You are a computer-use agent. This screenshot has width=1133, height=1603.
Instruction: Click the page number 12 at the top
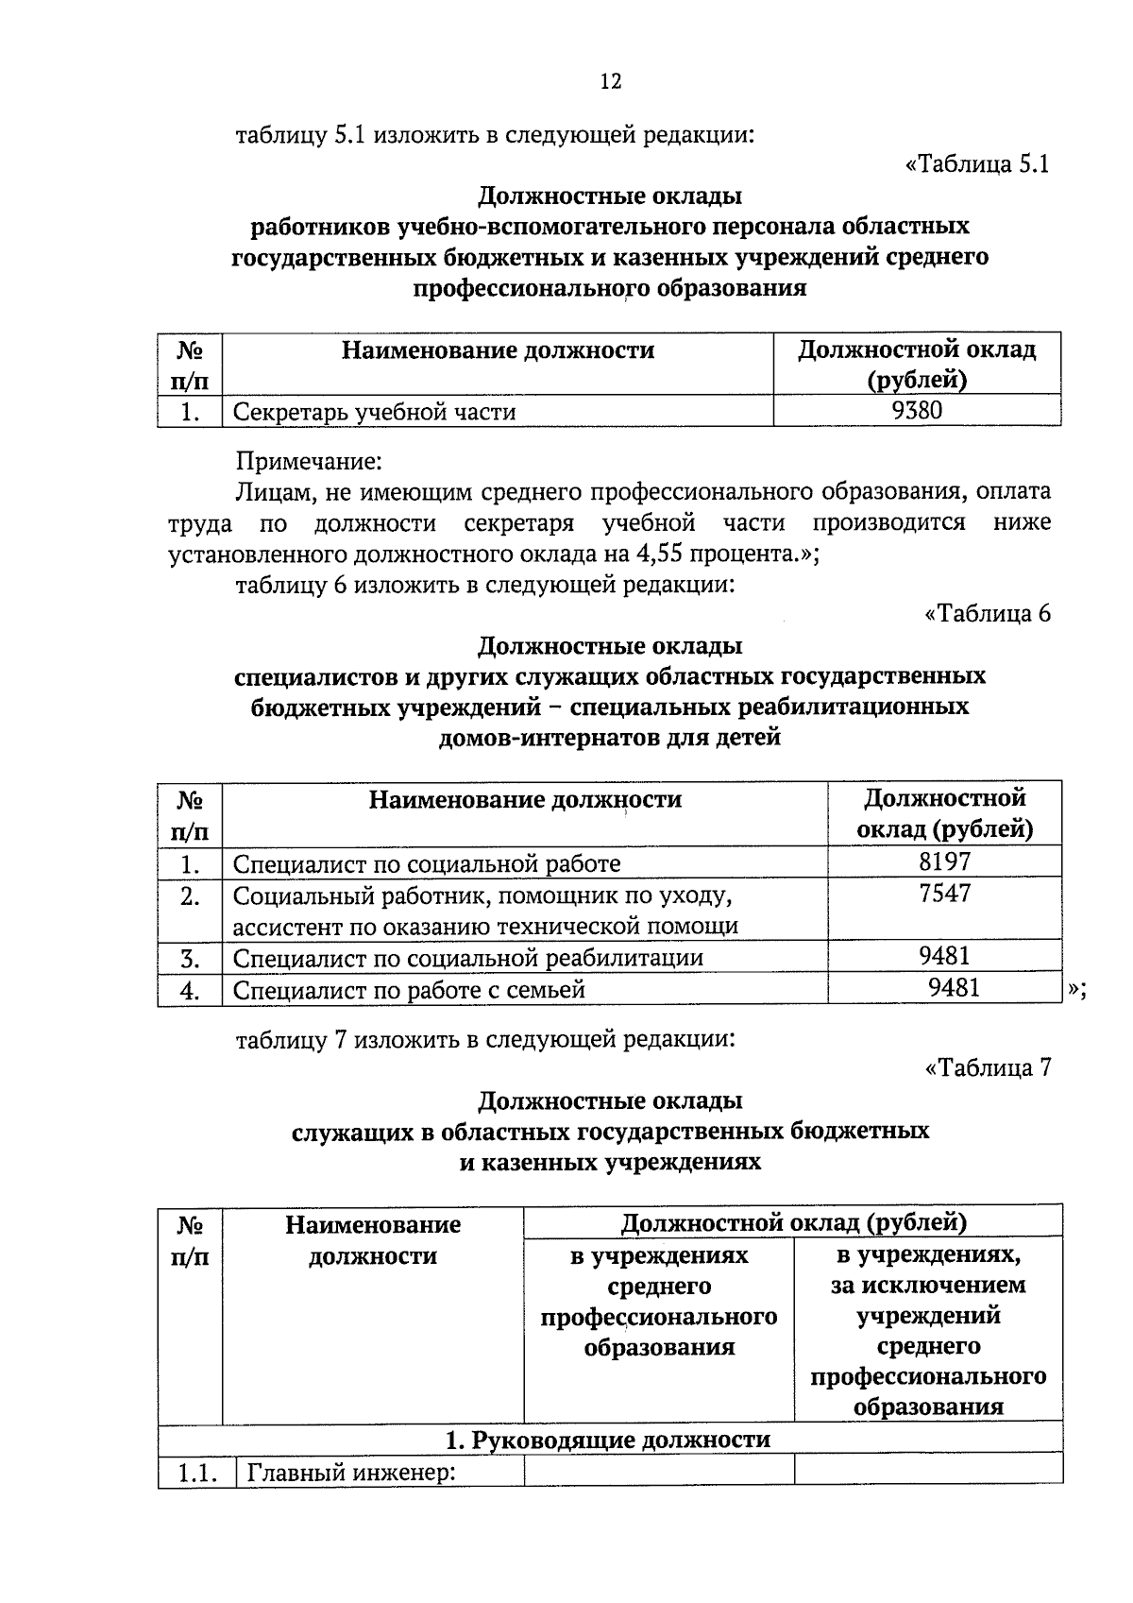tap(611, 82)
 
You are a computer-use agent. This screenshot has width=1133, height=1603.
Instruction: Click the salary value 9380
tap(917, 410)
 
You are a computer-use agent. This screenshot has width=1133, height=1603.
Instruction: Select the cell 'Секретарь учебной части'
tap(374, 412)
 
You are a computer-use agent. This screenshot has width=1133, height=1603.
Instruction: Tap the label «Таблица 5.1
tap(977, 164)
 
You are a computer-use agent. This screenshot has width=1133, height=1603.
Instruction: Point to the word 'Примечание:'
tap(309, 462)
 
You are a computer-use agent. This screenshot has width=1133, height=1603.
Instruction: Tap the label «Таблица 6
tap(988, 614)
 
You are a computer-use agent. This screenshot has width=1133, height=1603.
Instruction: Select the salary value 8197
tap(944, 861)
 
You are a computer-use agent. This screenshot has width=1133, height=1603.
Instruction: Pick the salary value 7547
tap(944, 894)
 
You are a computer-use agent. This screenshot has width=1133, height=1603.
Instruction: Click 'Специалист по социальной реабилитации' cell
tap(467, 958)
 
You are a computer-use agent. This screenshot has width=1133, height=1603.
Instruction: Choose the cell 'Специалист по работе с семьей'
tap(409, 990)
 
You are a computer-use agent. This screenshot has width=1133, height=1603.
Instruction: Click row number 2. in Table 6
tap(190, 895)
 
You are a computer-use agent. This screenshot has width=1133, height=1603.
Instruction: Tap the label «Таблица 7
tap(988, 1067)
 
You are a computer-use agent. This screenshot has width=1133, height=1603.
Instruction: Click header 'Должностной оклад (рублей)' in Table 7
tap(793, 1222)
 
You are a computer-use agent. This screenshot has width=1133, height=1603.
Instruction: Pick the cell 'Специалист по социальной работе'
tap(427, 863)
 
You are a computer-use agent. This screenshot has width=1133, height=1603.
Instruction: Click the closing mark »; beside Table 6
tap(1077, 989)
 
